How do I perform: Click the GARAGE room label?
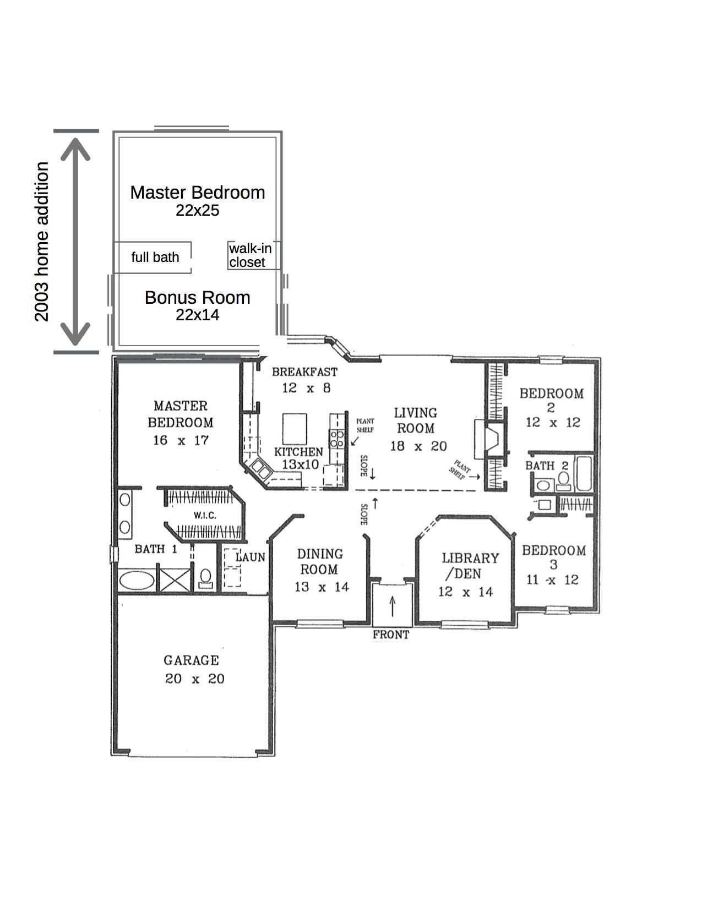point(191,660)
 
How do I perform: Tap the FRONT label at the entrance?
point(391,634)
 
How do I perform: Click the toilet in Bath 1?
point(206,577)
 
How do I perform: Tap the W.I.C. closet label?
point(205,516)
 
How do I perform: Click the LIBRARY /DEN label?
point(470,566)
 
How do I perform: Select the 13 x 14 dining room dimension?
point(322,587)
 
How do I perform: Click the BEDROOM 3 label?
point(553,556)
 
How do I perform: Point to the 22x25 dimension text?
point(197,210)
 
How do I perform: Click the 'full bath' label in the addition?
point(155,257)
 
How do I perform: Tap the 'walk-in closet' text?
point(250,255)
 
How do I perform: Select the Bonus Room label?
point(197,298)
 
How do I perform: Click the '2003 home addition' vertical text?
point(42,242)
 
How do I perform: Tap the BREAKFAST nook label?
point(304,373)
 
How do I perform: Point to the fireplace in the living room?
point(489,439)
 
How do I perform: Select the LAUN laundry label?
point(251,557)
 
